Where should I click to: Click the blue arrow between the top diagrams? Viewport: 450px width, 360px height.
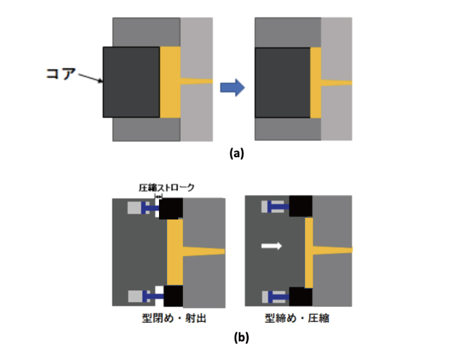pyautogui.click(x=233, y=88)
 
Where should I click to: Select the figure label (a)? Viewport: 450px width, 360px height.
pyautogui.click(x=236, y=153)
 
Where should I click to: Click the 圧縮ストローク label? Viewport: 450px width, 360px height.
pyautogui.click(x=166, y=188)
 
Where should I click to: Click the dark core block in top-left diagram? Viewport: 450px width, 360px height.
pyautogui.click(x=131, y=82)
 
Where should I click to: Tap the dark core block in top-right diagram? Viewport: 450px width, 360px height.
pyautogui.click(x=283, y=83)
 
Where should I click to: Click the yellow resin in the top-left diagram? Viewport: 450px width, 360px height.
pyautogui.click(x=170, y=82)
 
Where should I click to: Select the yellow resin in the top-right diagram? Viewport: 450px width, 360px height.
pyautogui.click(x=317, y=83)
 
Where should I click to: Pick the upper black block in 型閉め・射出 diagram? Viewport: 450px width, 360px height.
pyautogui.click(x=171, y=208)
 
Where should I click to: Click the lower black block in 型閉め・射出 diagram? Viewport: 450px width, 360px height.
pyautogui.click(x=173, y=296)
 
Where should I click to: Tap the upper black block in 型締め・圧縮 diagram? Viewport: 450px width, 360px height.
pyautogui.click(x=301, y=206)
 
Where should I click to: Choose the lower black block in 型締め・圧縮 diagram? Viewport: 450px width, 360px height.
pyautogui.click(x=301, y=296)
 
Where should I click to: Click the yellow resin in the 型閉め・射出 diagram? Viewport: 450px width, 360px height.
pyautogui.click(x=175, y=251)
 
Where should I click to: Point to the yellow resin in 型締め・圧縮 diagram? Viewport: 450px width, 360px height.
pyautogui.click(x=309, y=251)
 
